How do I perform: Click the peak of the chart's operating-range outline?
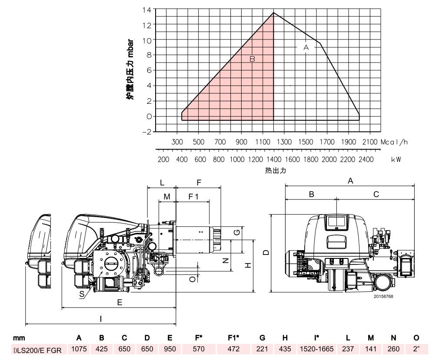273,13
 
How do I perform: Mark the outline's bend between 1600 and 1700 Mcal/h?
320,43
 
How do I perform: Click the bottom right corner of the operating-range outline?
359,120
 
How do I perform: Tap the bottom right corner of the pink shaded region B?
273,120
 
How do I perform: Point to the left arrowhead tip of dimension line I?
26,324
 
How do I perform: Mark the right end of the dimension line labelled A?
414,185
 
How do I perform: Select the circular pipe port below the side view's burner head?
159,271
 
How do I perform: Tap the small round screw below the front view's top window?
336,228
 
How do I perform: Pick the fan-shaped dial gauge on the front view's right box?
406,255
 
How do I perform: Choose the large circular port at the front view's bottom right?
383,283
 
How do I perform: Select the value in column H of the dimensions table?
285,349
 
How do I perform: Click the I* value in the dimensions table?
317,349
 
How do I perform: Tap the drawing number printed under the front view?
383,297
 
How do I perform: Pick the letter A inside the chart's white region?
306,47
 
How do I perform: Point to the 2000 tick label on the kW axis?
329,159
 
